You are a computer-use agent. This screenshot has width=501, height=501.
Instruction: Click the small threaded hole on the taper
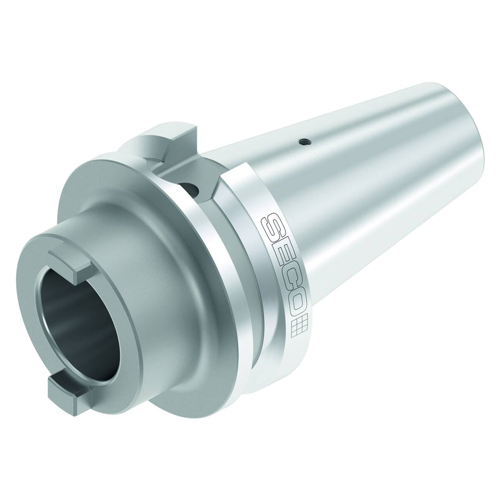click(302, 141)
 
